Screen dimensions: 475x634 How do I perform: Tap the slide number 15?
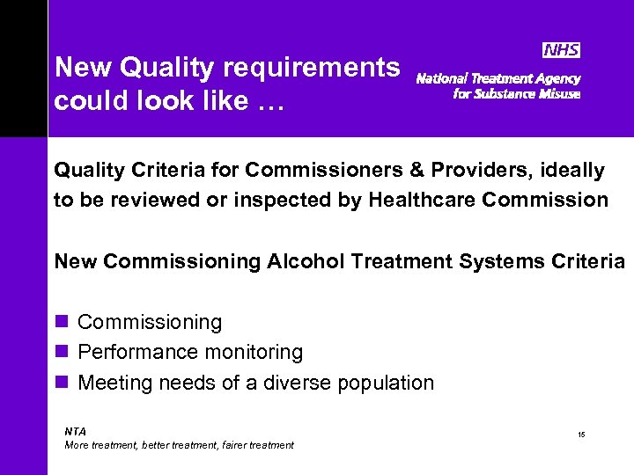point(582,435)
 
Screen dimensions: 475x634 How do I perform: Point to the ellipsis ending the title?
point(270,102)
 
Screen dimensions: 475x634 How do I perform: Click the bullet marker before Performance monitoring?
point(61,352)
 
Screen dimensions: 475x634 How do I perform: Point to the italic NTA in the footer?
point(76,431)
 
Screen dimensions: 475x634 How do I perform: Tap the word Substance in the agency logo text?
point(512,94)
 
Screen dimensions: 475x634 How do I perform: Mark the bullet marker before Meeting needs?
point(61,382)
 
